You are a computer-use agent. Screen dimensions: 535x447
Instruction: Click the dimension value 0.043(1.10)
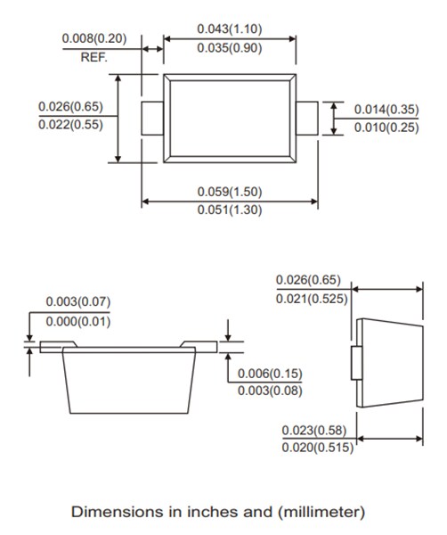pyautogui.click(x=230, y=29)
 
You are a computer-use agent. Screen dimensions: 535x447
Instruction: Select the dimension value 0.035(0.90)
pyautogui.click(x=230, y=48)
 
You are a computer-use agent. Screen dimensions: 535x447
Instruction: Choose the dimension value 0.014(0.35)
pyautogui.click(x=386, y=109)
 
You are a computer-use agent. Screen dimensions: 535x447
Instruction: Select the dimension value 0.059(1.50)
pyautogui.click(x=230, y=192)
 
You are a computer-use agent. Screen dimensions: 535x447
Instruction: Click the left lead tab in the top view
pyautogui.click(x=151, y=118)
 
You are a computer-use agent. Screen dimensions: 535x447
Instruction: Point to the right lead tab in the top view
pyautogui.click(x=308, y=118)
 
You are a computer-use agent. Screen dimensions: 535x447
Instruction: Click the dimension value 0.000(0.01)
pyautogui.click(x=77, y=321)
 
